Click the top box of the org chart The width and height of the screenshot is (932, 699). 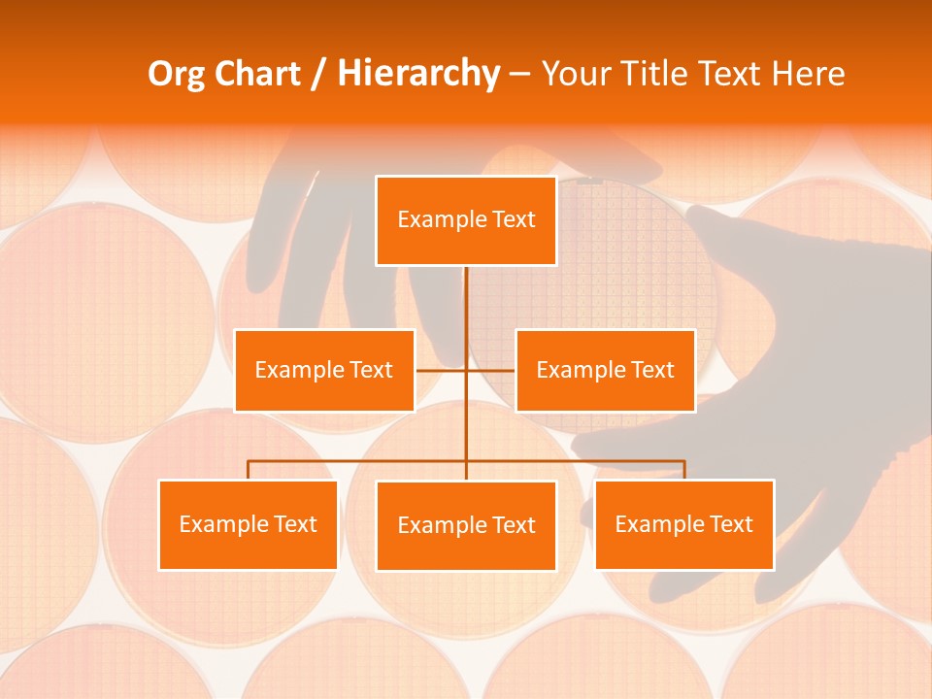point(466,220)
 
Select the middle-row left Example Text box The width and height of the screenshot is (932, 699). point(324,370)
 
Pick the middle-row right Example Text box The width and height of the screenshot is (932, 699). point(605,370)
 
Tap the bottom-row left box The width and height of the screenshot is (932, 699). point(248,524)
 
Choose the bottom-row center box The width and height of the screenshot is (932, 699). point(466,525)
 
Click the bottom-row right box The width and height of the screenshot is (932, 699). point(683,524)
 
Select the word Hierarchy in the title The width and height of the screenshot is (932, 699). point(417,74)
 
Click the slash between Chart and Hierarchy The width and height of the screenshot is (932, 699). point(316,75)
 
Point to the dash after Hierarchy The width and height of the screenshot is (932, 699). point(519,75)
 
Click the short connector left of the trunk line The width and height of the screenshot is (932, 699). point(441,370)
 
